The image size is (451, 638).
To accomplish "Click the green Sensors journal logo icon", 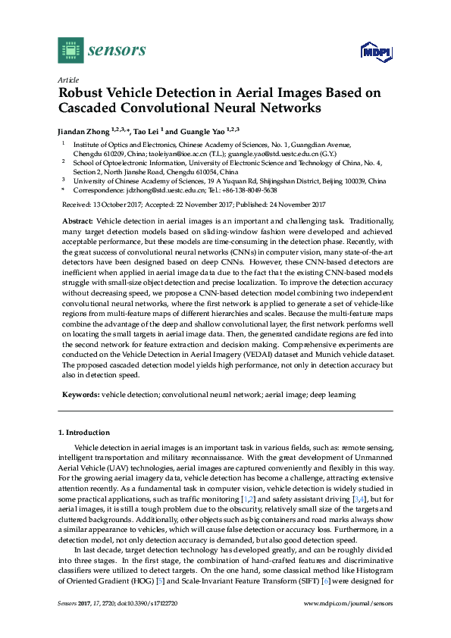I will click(70, 51).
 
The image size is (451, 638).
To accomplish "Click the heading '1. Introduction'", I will click(84, 432).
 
